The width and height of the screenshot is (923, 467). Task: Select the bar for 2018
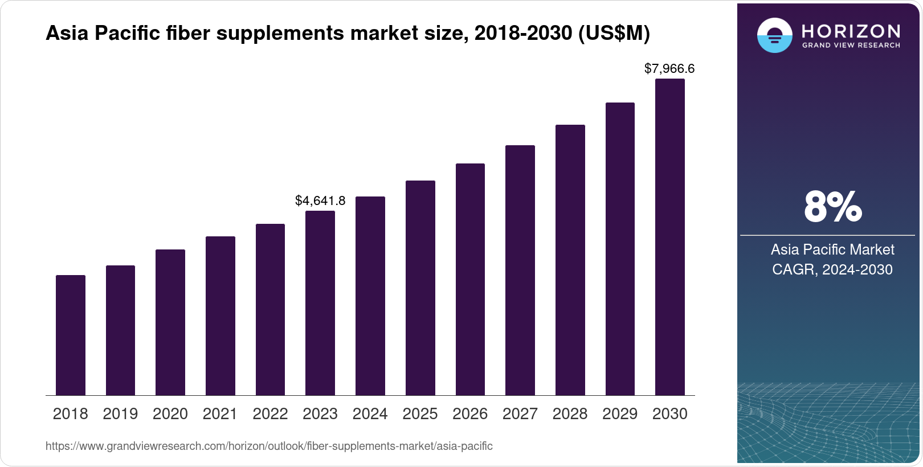coord(71,335)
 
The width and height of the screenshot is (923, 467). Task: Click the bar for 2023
coord(320,303)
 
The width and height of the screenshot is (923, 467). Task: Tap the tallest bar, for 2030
coord(670,237)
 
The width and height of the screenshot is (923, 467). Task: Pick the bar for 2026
coord(470,280)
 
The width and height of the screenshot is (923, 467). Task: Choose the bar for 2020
coord(170,322)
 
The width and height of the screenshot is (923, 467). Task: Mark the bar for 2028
coord(570,260)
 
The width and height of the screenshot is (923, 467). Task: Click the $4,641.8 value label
coord(320,200)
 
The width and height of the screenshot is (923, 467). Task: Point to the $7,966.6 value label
coord(669,69)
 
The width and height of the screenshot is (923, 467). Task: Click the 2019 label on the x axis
coord(120,414)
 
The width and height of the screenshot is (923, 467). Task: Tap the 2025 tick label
coord(420,414)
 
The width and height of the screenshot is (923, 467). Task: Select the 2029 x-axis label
coord(620,414)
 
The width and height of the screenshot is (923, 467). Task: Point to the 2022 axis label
coord(270,414)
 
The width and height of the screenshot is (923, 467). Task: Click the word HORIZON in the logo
coord(851,31)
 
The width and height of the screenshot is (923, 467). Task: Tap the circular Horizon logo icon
coord(774,35)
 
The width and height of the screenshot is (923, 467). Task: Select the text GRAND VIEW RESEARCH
coord(851,45)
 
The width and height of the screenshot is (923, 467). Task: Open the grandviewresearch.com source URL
coord(269,446)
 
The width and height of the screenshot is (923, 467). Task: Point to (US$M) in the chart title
coord(614,33)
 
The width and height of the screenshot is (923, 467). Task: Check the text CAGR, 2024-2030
coord(832,269)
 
